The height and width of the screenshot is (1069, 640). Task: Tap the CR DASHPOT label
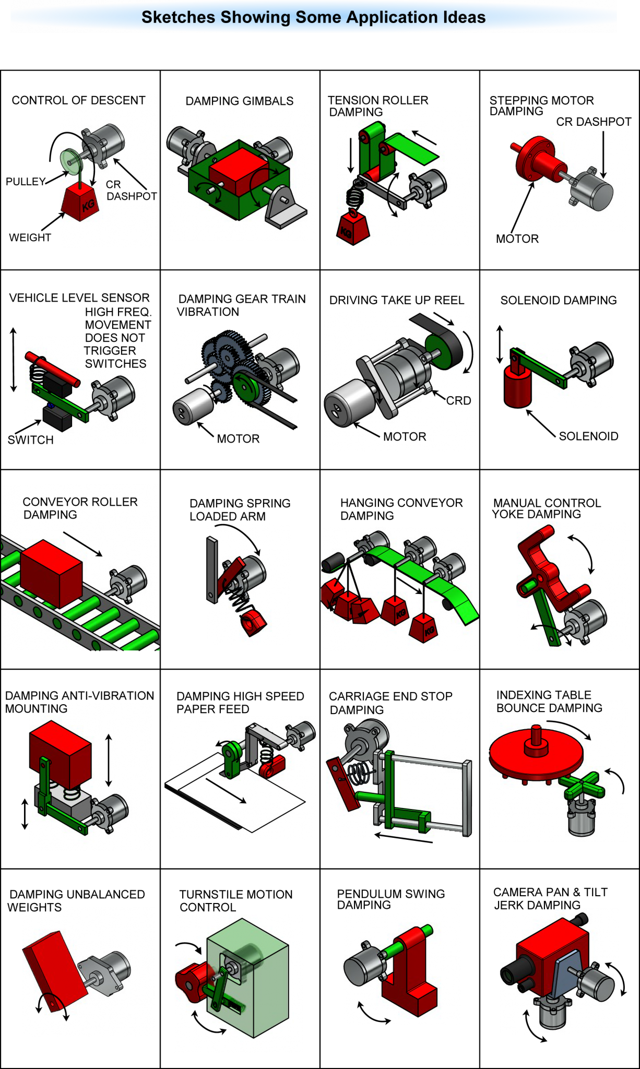(131, 191)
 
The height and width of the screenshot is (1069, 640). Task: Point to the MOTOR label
(405, 436)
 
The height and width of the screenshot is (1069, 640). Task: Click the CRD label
(458, 400)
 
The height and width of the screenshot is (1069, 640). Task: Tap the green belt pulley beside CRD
(443, 351)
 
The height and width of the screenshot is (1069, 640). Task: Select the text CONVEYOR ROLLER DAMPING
(79, 508)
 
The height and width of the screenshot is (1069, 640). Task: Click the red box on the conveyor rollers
(51, 573)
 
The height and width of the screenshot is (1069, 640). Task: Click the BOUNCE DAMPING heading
(549, 708)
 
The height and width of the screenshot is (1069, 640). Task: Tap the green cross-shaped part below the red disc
(584, 786)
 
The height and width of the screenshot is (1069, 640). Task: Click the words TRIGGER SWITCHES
(115, 357)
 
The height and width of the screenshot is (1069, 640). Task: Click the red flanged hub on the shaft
(538, 157)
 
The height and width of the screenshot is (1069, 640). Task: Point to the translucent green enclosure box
(256, 981)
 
